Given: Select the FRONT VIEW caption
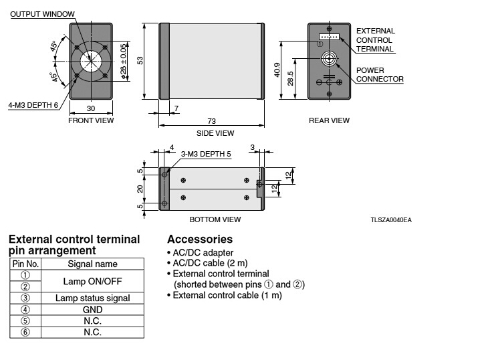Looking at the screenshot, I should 91,121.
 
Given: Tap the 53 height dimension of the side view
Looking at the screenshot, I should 140,61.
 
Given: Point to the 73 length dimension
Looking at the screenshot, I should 211,120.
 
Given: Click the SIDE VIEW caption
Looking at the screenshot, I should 211,133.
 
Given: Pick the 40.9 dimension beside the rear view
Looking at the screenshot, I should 277,70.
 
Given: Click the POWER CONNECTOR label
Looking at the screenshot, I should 379,74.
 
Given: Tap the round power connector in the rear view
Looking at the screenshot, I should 328,59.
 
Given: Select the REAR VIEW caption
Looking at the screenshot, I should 329,121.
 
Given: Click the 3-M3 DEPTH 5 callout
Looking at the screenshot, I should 206,154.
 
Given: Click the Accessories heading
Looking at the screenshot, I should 200,239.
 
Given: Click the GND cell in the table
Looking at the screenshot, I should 92,309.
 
